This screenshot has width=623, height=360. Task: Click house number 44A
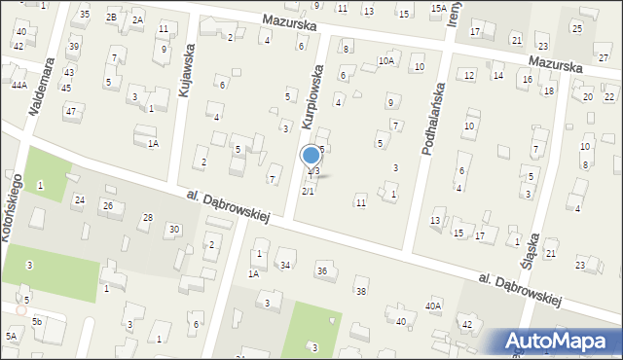[18, 86]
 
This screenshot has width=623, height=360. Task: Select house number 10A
[385, 61]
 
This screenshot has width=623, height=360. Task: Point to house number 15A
[438, 8]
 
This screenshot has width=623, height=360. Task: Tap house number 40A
[432, 306]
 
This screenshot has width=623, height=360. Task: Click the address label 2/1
[308, 191]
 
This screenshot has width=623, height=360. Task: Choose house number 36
[321, 270]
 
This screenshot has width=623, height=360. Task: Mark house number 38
[361, 292]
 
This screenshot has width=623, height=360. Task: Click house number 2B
[112, 18]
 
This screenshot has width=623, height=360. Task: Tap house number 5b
[37, 321]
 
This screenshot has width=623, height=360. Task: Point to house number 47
[70, 111]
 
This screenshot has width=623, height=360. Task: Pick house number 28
[148, 217]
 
